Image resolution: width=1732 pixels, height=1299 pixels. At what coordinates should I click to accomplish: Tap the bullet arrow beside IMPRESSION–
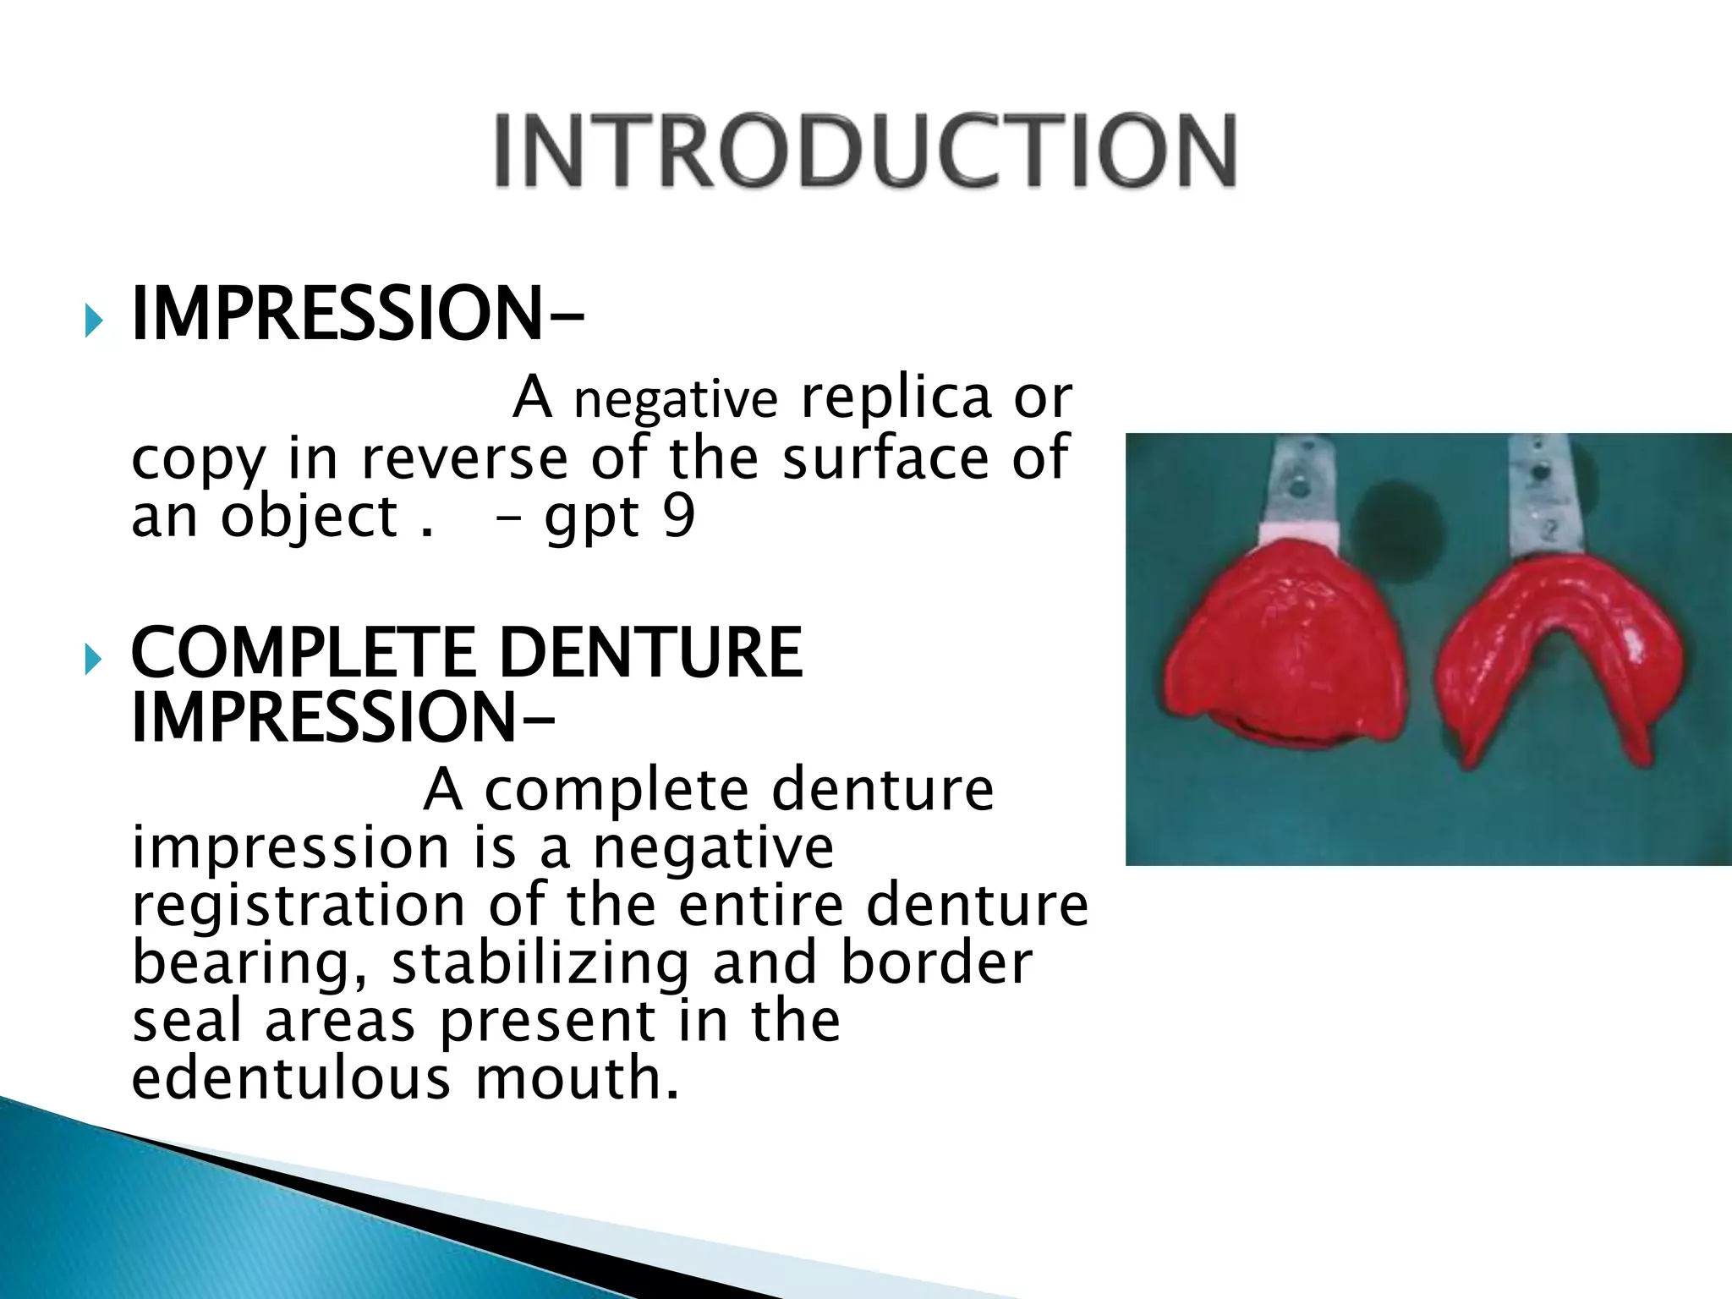pos(93,321)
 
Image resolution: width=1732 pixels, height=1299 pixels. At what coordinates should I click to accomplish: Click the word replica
pos(896,397)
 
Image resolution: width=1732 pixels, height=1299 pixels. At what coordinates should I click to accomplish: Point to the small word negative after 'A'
pos(676,399)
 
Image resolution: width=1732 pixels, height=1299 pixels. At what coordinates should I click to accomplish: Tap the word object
pos(309,517)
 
